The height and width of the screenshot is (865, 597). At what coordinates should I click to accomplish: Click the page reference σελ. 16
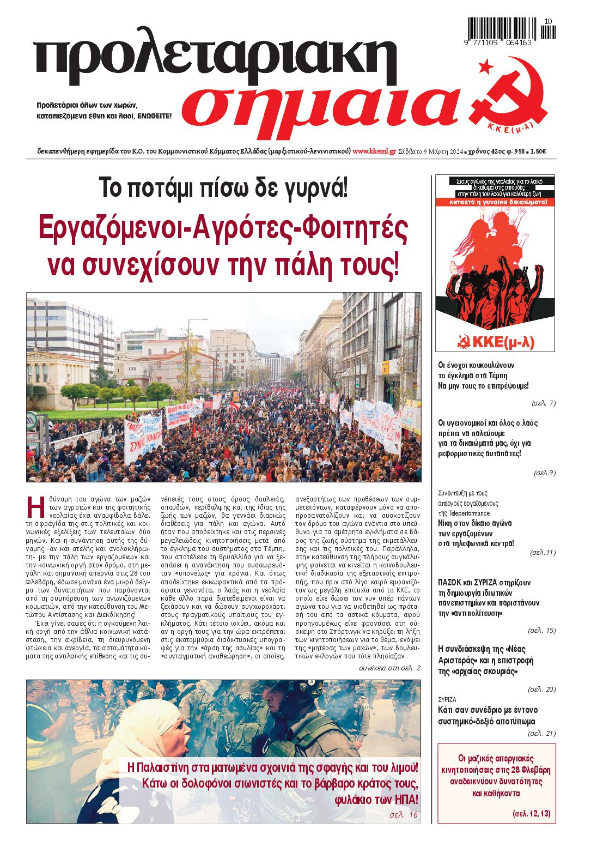coord(404,814)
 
